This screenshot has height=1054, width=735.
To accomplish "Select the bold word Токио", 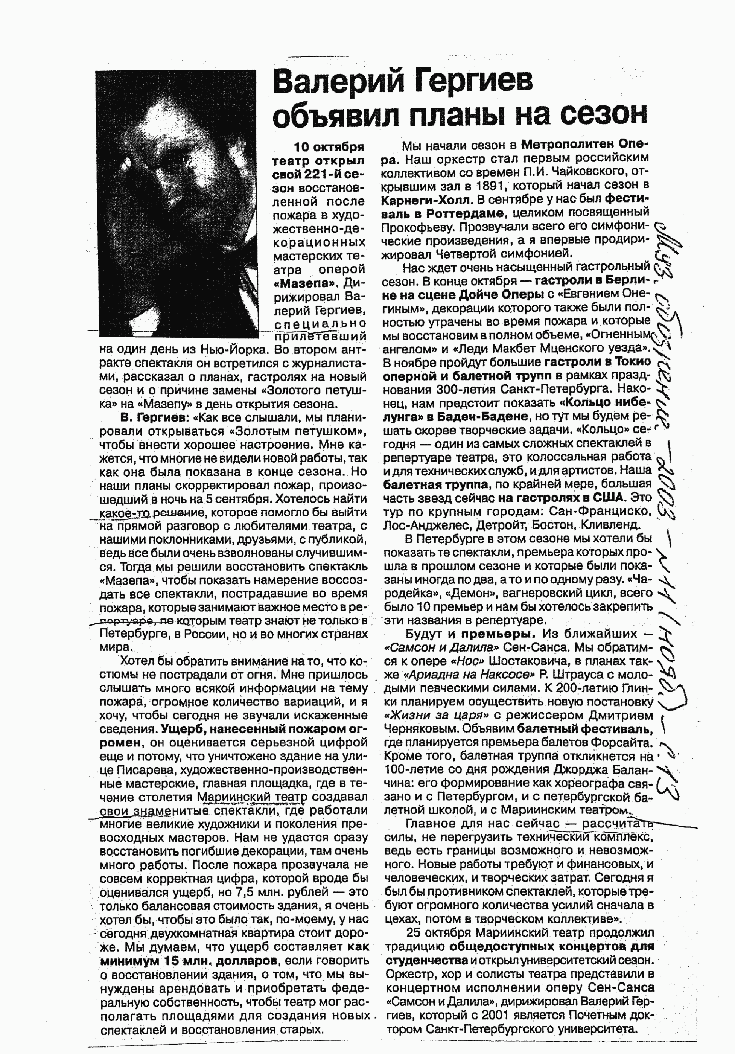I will pyautogui.click(x=633, y=362).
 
